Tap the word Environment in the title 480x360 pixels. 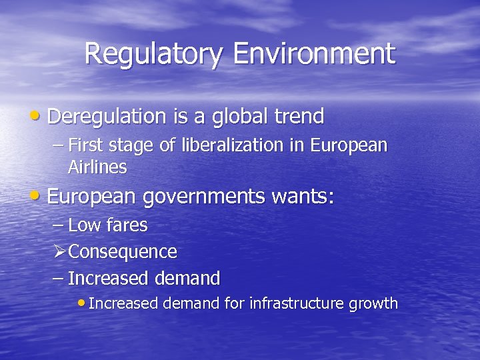coord(313,54)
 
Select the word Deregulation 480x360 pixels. coord(107,117)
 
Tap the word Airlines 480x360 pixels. coord(97,167)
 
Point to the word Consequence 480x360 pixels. coord(123,252)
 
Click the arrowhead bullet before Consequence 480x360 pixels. coord(59,252)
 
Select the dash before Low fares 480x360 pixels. coord(58,225)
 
